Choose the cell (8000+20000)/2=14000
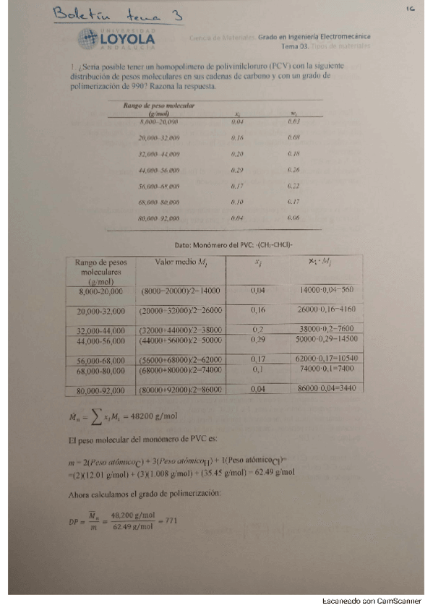(181, 291)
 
